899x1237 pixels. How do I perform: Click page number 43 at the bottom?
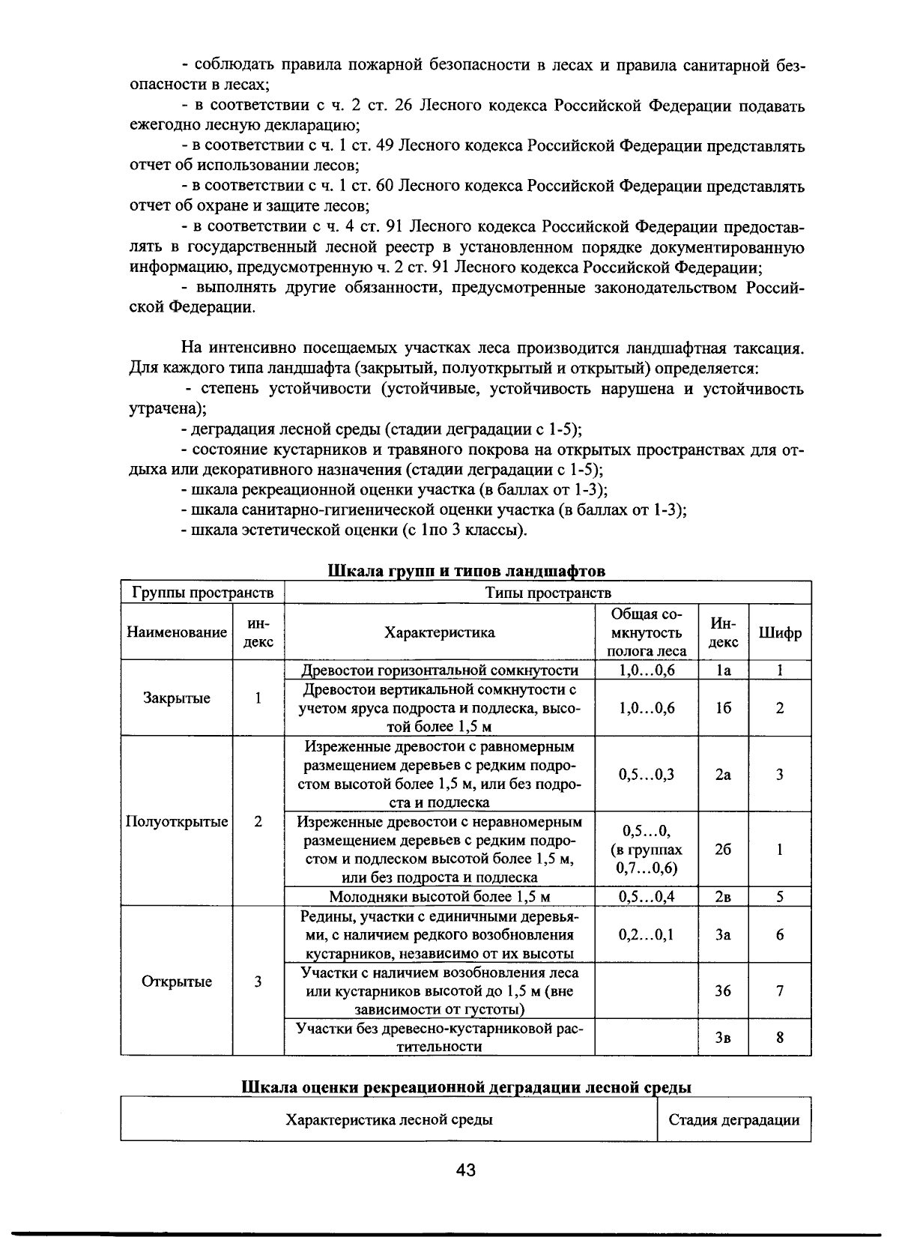point(465,1170)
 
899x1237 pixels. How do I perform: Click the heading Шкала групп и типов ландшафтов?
point(466,571)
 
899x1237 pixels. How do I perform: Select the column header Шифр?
point(780,632)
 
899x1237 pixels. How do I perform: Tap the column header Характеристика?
point(440,632)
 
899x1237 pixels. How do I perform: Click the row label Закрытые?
point(177,698)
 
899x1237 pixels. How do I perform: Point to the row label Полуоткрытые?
point(177,821)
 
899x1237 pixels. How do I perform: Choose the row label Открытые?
point(177,982)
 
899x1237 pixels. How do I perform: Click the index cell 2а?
point(723,775)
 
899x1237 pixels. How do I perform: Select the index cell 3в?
point(723,1038)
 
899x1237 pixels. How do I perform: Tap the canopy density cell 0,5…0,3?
point(647,775)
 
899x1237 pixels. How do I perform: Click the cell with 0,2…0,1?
point(647,934)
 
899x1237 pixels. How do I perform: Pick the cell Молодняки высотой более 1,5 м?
point(440,897)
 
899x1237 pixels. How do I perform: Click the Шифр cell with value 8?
point(780,1038)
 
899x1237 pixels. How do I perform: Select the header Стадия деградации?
point(733,1121)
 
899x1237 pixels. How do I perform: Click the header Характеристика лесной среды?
point(389,1121)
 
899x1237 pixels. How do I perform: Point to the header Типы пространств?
point(548,593)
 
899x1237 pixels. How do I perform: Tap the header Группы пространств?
point(202,593)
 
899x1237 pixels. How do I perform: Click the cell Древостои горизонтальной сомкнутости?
point(440,671)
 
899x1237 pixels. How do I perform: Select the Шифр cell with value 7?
point(780,990)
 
